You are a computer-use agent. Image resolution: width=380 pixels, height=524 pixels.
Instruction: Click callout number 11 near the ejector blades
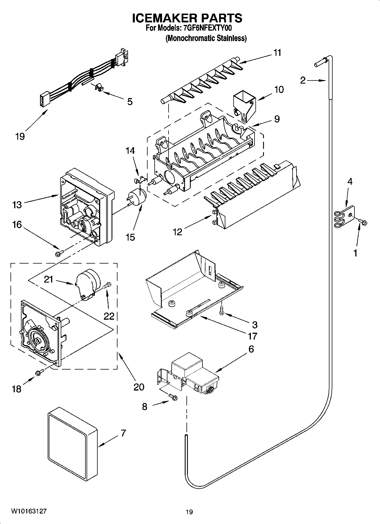point(277,53)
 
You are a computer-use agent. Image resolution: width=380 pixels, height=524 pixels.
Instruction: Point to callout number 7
point(123,433)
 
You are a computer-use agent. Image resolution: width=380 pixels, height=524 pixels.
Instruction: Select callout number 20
point(139,387)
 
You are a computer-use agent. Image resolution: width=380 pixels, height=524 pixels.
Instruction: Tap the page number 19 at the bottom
point(189,512)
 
